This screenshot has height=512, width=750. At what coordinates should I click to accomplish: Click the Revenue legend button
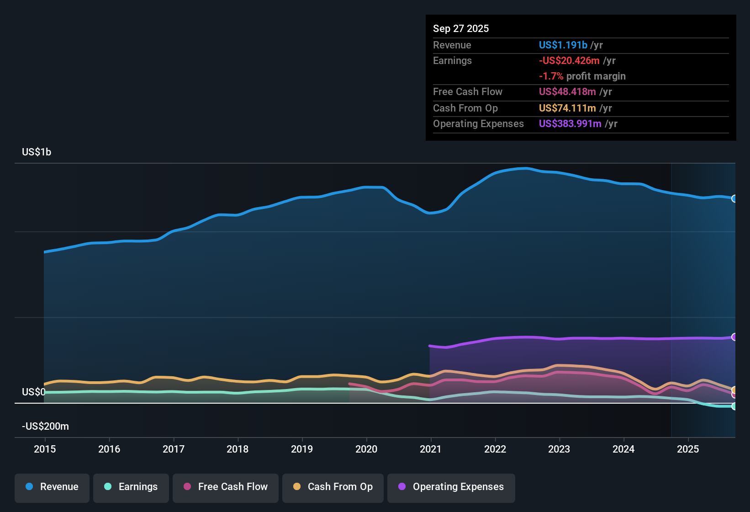pos(52,487)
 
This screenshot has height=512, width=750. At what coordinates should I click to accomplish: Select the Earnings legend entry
pos(131,487)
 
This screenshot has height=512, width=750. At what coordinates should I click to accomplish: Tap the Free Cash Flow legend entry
pos(226,487)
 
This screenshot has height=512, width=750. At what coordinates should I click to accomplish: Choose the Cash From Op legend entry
pos(333,487)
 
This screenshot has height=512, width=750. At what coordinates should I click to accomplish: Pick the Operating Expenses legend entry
pos(451,487)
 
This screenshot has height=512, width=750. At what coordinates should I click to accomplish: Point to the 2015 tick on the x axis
pos(45,449)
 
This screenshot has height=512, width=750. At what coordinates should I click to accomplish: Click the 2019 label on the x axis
pos(302,449)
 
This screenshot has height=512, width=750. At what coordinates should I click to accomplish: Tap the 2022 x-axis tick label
pos(495,449)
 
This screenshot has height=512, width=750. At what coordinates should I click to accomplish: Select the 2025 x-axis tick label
pos(688,449)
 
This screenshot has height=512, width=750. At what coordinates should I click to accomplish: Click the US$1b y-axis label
pos(37,152)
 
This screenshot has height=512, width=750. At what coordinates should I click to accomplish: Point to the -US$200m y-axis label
pos(45,427)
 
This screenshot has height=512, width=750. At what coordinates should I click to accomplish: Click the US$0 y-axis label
pos(33,392)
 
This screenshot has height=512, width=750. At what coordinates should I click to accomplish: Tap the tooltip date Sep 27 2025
pos(461,29)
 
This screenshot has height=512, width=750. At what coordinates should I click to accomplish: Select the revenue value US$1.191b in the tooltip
pos(563,45)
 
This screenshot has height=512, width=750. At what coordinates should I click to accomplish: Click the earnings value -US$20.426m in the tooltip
pos(569,61)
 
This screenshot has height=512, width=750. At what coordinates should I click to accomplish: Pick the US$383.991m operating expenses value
pos(570,124)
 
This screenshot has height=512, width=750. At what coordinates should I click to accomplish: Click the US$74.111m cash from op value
pos(567,108)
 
